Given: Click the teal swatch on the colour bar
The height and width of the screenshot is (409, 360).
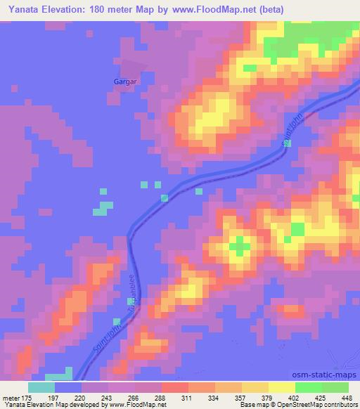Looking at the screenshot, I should [41, 387].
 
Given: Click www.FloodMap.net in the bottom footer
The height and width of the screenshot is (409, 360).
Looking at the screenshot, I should [139, 405].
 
